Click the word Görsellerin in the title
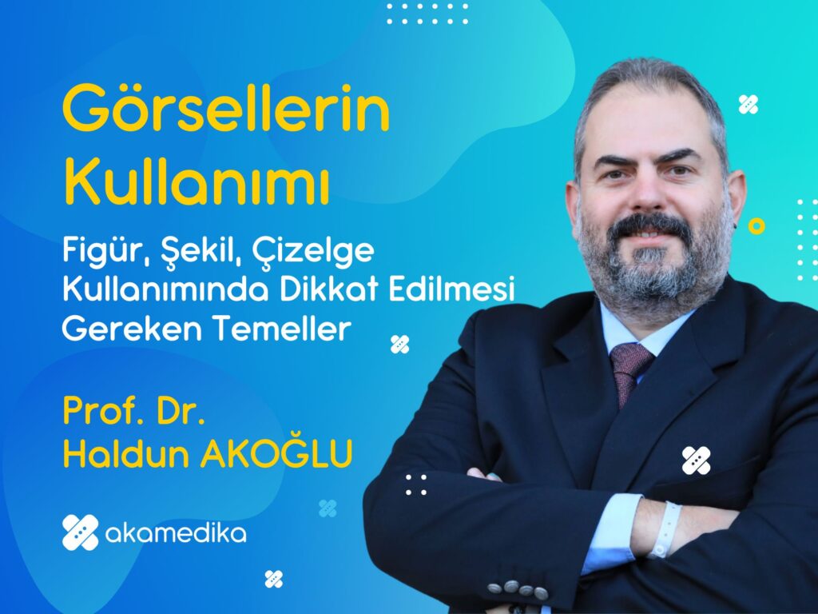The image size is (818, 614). (x=226, y=109)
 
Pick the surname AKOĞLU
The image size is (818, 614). (x=276, y=453)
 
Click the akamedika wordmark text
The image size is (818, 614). (x=176, y=533)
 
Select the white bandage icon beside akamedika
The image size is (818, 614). (x=81, y=532)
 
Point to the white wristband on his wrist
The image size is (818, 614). (x=665, y=529)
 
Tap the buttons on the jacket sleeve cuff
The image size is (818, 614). (x=518, y=588)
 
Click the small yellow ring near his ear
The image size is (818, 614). (x=756, y=226)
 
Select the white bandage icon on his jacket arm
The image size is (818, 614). (x=696, y=460)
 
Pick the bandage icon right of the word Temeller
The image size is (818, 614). (x=400, y=344)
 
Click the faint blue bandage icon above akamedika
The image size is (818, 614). (x=328, y=508)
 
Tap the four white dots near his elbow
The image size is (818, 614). (x=415, y=484)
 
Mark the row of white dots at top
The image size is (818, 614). (x=427, y=14)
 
